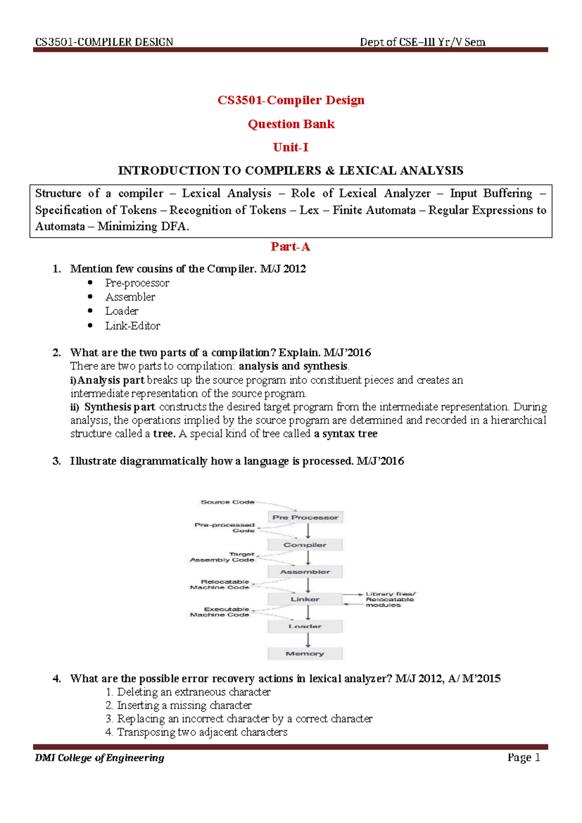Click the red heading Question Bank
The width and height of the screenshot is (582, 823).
[291, 124]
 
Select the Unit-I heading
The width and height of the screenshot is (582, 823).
[291, 147]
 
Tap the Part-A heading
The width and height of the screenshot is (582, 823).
[291, 247]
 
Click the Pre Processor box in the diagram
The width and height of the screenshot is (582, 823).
[305, 517]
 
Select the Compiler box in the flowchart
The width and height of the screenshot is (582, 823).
[305, 545]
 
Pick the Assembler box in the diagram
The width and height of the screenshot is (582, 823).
[305, 572]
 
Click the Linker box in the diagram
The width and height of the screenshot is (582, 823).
[305, 599]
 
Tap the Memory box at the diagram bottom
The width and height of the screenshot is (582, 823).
[305, 654]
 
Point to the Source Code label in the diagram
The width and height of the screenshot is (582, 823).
[227, 502]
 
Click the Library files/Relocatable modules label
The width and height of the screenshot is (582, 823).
[390, 599]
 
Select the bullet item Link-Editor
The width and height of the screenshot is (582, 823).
[132, 326]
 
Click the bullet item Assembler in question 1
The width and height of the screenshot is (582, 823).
[130, 297]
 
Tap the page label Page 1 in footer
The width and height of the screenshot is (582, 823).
[523, 757]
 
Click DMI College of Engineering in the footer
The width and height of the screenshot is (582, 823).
[99, 757]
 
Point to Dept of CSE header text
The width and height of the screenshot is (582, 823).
[422, 42]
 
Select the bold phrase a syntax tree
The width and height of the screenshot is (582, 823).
[346, 434]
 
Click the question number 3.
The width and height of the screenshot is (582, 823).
[57, 461]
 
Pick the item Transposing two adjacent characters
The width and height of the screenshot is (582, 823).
[202, 732]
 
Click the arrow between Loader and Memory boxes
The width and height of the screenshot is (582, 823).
[307, 640]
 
